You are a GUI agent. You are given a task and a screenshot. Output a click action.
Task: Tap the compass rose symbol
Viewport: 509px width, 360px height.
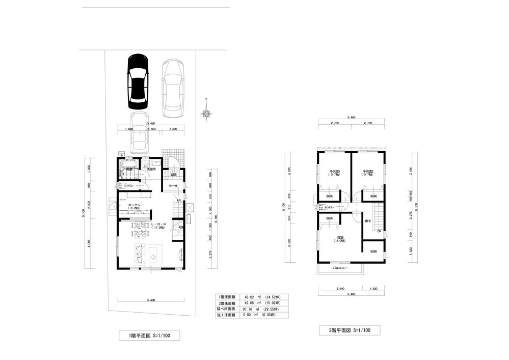click(x=206, y=114)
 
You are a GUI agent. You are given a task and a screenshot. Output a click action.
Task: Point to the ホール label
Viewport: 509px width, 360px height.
click(x=173, y=186)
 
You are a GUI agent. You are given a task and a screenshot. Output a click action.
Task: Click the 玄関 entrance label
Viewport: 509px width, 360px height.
click(x=173, y=175)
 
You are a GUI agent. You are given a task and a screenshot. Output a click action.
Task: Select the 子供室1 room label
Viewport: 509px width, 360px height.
click(x=335, y=171)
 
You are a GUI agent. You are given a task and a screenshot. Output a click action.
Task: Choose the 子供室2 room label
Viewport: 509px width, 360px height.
click(x=368, y=171)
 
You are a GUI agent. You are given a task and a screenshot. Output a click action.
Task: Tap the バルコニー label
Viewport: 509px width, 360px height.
click(x=340, y=267)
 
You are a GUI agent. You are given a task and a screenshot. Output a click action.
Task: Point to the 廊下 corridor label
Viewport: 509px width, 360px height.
click(x=367, y=221)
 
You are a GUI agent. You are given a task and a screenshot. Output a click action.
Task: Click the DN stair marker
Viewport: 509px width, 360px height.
click(x=379, y=232)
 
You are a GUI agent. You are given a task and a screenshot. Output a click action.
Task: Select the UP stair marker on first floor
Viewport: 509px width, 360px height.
click(x=178, y=201)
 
